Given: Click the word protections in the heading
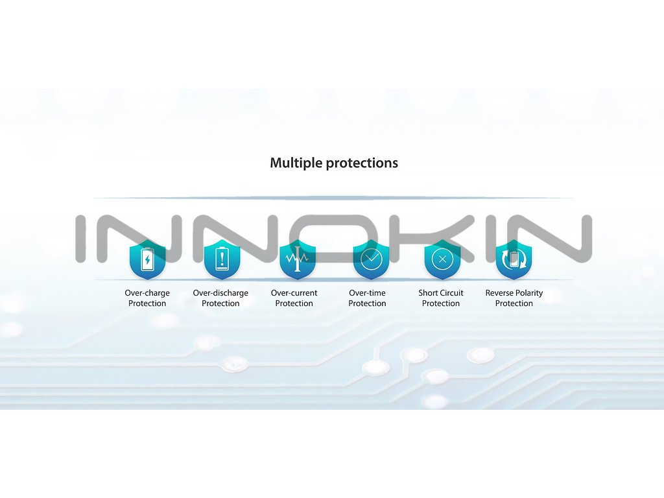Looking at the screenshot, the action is tap(362, 163).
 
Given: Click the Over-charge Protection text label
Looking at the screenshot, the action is tap(147, 298).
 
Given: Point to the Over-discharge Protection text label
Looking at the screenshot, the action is tap(220, 298).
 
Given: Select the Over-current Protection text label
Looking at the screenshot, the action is tap(294, 298).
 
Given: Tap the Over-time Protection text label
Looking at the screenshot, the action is tap(368, 298).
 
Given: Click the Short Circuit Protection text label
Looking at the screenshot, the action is tap(441, 298).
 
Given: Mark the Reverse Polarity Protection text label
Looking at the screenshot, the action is tap(514, 298).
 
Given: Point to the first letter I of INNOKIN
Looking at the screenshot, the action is tap(82, 239).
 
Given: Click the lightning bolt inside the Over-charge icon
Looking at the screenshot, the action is tap(147, 261).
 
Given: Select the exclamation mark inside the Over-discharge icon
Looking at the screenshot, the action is tap(220, 259).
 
